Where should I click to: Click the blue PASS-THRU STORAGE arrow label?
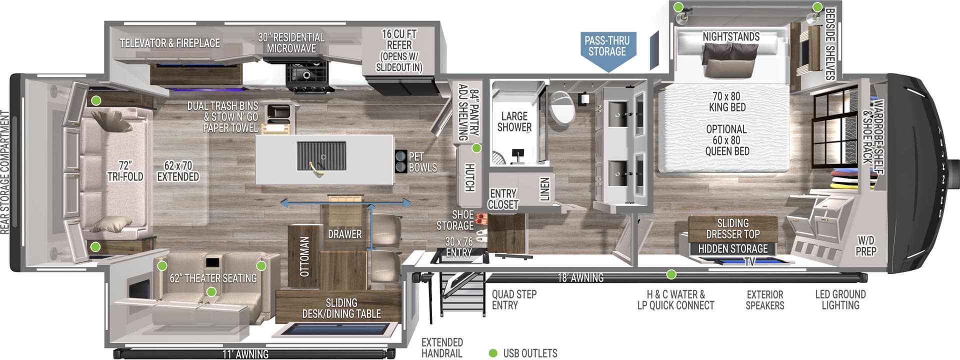[607, 48]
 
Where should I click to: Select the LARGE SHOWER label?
[514, 121]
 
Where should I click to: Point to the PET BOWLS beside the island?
[400, 161]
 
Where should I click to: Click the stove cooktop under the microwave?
[306, 75]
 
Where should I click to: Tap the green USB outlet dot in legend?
[493, 353]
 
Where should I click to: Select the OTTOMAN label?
[304, 257]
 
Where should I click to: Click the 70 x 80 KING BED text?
[726, 101]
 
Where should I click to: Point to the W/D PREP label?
[865, 245]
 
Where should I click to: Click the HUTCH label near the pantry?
[469, 177]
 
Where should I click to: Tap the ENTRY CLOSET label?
[503, 199]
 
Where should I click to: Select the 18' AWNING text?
[580, 277]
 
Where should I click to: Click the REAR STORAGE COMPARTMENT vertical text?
[5, 172]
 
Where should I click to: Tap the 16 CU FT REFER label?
[399, 50]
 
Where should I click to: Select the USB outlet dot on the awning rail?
[671, 274]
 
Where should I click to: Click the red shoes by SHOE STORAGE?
[481, 218]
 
